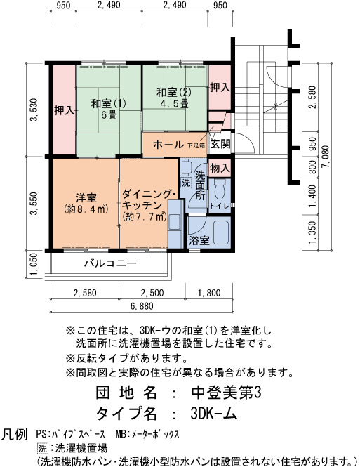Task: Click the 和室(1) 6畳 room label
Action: coord(109,109)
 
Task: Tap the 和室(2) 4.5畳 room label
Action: coord(174,98)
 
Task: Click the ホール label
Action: coord(168,145)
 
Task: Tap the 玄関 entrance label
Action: coord(220,144)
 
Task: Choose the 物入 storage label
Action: coord(220,169)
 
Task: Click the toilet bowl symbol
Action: coord(220,189)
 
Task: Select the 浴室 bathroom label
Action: coord(199,241)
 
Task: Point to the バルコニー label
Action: coord(110,263)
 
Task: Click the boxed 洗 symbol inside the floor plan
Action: coord(186,183)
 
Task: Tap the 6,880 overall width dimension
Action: coord(142,306)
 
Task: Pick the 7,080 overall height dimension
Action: coord(326,157)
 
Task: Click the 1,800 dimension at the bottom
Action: coord(209,293)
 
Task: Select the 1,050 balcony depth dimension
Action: coord(34,265)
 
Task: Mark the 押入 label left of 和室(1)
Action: coord(64,110)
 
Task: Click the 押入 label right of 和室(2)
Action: coord(220,87)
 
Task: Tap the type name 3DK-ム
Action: coord(213,413)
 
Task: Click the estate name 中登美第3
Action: coord(226,393)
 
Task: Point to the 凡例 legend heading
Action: coord(15,435)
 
